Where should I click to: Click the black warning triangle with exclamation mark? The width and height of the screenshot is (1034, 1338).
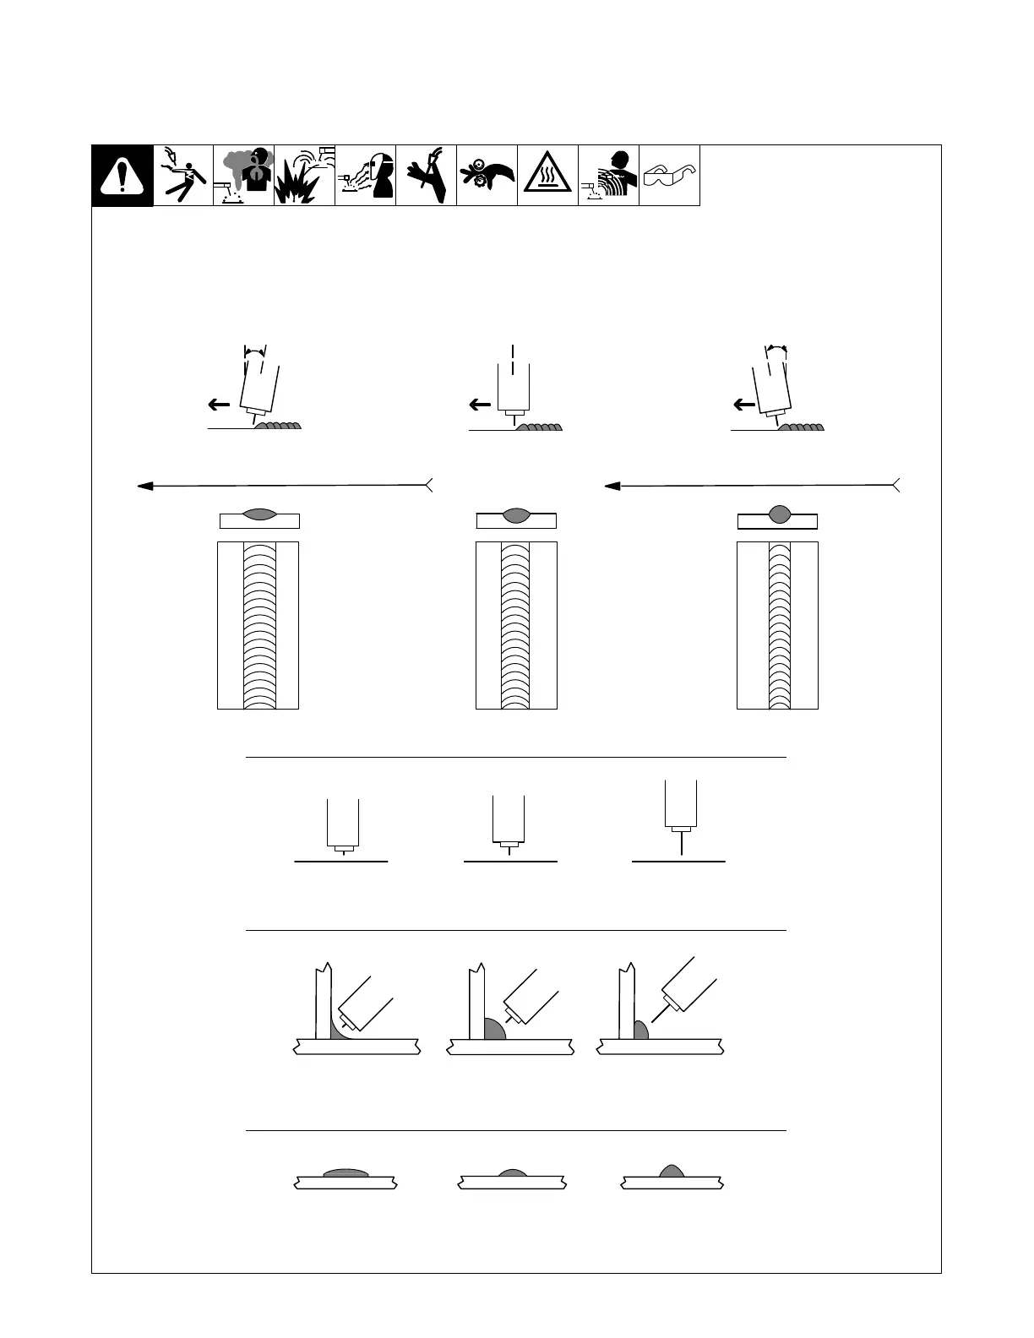coord(122,176)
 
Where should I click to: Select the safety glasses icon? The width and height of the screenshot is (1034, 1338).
coord(669,176)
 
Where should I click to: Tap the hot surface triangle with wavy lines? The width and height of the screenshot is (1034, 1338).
coord(547,176)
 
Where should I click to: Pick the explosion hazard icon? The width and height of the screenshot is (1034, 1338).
coord(304,176)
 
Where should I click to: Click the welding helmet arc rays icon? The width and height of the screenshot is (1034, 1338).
coord(365,176)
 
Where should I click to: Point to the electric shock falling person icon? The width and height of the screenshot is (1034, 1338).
coord(183,176)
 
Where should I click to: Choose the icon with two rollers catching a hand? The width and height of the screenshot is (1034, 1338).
coord(487,176)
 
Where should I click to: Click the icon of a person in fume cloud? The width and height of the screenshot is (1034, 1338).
coord(243,176)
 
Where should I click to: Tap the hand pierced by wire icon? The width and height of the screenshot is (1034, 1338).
coord(426,176)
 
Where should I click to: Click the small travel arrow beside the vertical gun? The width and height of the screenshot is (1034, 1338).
coord(480,405)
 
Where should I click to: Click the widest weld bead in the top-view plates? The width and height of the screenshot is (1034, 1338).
coord(258,625)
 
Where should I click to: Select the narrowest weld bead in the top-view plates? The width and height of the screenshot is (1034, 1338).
coord(779,625)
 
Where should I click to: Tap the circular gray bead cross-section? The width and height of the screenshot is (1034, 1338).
coord(779,513)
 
